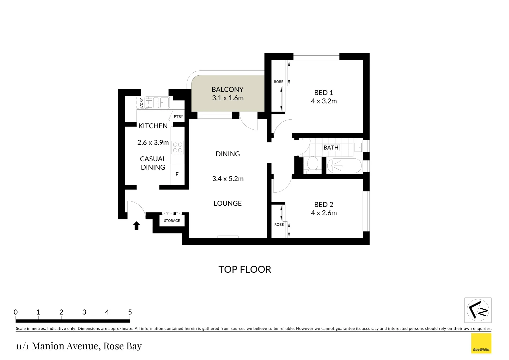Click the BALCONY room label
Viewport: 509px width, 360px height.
[x=228, y=89]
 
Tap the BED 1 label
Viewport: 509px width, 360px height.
[x=323, y=93]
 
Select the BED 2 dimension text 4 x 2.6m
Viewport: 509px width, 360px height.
[x=324, y=213]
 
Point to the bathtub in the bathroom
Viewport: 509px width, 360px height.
[x=344, y=166]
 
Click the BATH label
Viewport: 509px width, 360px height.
[x=331, y=147]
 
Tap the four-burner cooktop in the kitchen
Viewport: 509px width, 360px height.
[x=178, y=148]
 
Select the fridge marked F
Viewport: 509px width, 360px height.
[x=177, y=174]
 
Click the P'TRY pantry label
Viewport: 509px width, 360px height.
[x=178, y=116]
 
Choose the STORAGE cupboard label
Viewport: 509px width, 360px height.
[x=172, y=221]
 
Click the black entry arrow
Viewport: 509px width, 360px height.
[x=136, y=226]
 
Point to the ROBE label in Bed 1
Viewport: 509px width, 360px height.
[x=278, y=82]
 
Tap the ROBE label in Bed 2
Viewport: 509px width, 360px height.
[x=279, y=225]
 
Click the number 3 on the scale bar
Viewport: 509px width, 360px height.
[x=84, y=312]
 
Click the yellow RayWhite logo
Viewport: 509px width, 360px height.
[x=481, y=343]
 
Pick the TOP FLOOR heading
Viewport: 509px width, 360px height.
[x=245, y=269]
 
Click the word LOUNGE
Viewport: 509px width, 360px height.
[x=228, y=203]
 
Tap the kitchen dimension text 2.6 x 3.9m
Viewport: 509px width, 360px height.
[x=153, y=143]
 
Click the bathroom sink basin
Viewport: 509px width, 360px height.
[x=358, y=147]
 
